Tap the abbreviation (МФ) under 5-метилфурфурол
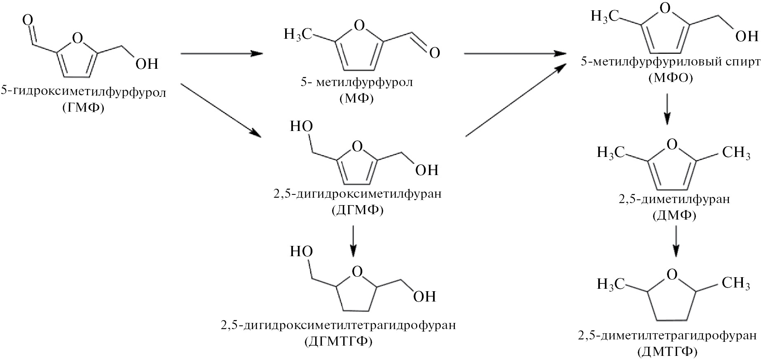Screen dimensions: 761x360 pyautogui.click(x=357, y=98)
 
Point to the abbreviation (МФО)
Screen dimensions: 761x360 pyautogui.click(x=670, y=77)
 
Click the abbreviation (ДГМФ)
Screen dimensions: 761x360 pyautogui.click(x=357, y=210)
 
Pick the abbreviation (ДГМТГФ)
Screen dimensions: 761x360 pyautogui.click(x=338, y=341)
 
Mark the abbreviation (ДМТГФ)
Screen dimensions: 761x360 pyautogui.click(x=667, y=351)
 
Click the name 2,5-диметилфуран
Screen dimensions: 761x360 pyautogui.click(x=674, y=199)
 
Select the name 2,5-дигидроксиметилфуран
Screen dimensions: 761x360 pyautogui.click(x=357, y=194)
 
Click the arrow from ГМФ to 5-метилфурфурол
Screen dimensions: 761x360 pyautogui.click(x=222, y=54)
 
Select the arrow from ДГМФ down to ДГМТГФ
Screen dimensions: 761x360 pyautogui.click(x=353, y=240)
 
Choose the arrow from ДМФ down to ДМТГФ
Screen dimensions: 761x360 pyautogui.click(x=676, y=242)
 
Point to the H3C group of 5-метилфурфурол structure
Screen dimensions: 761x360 pyautogui.click(x=297, y=34)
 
